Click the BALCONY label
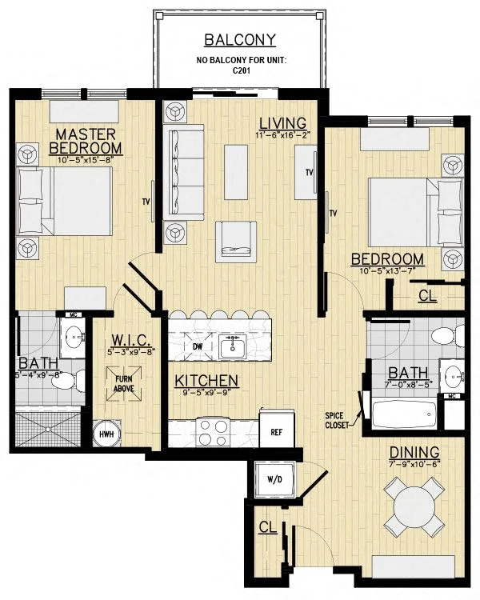click(240, 39)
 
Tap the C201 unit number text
click(240, 70)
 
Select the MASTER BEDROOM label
click(86, 140)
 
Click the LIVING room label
click(282, 123)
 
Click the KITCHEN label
click(206, 380)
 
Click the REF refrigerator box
click(277, 431)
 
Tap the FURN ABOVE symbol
click(123, 383)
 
